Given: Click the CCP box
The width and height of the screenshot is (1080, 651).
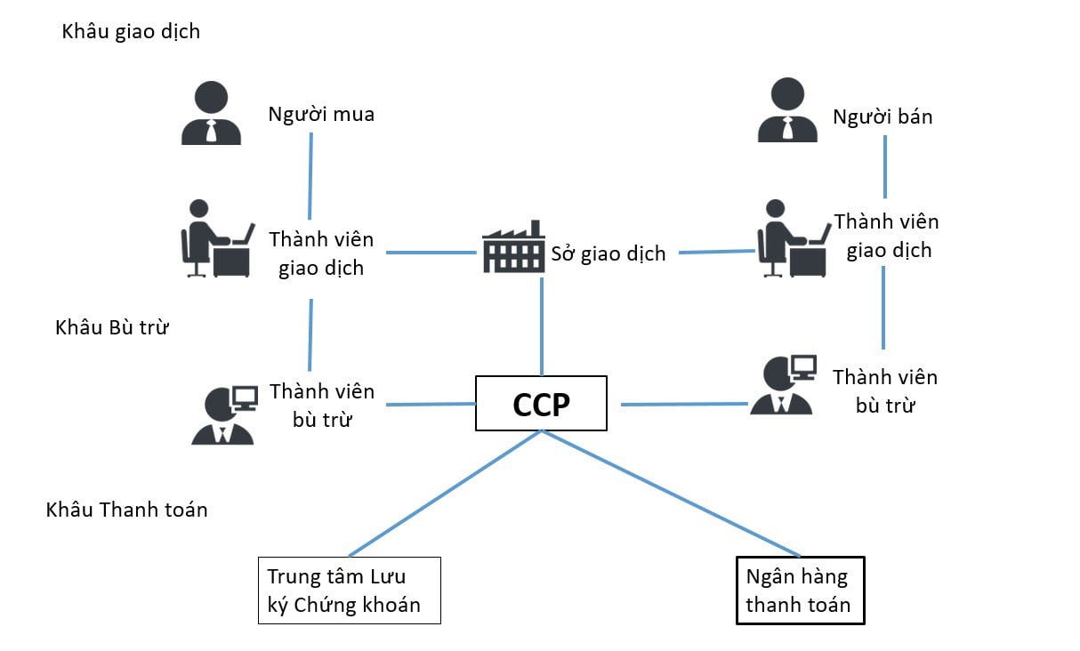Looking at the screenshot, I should coord(541,404).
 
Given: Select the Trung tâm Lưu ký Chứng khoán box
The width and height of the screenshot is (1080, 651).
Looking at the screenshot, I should coord(349,591).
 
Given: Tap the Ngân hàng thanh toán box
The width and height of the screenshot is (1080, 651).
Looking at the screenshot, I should coord(800,591).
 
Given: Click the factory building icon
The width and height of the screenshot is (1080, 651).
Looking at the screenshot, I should coord(512,247).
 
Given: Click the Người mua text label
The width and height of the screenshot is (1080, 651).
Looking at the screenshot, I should coord(321,115).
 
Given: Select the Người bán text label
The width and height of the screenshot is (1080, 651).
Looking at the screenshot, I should coord(883,117).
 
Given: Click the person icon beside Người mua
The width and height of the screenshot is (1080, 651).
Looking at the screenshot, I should coord(211,113).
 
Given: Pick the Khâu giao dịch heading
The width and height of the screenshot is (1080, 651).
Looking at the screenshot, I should coord(131,32).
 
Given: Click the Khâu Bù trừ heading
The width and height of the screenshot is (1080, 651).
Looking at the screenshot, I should coord(112,327).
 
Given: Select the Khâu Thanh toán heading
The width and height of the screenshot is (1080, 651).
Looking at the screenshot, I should coord(126,510).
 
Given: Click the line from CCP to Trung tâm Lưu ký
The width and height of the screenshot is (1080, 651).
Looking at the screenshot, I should coord(445,494).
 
